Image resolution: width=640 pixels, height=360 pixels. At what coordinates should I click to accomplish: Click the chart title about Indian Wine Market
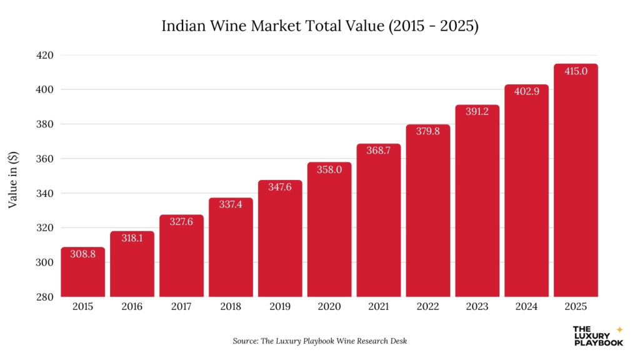(x=320, y=26)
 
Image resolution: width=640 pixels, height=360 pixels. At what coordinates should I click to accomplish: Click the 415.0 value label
(x=576, y=71)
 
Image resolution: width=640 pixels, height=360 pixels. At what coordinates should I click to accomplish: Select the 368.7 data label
(x=378, y=151)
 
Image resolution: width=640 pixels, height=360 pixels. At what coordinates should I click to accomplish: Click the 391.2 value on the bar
(x=477, y=112)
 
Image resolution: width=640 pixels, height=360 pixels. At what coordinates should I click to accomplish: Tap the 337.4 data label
(x=231, y=204)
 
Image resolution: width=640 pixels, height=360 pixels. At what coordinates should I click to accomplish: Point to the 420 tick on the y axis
(x=44, y=55)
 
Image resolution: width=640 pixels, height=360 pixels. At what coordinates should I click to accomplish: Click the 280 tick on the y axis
(x=44, y=297)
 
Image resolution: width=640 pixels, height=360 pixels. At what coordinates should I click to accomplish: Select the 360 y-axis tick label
(x=44, y=159)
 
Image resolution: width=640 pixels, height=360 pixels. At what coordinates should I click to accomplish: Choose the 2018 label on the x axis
(x=231, y=307)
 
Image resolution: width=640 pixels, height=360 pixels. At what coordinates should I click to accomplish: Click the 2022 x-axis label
(x=427, y=307)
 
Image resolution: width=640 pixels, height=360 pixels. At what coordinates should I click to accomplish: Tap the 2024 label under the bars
(x=526, y=307)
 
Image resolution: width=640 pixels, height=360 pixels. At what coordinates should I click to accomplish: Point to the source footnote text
(x=320, y=341)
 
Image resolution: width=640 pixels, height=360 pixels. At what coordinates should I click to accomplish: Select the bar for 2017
(x=181, y=256)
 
